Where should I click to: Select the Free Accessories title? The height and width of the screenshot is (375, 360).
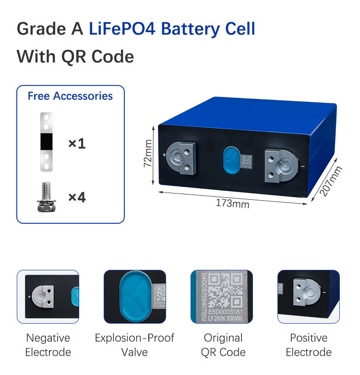click(70, 96)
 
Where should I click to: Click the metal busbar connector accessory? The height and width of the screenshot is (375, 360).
click(47, 142)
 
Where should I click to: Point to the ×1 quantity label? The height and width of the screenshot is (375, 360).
click(77, 143)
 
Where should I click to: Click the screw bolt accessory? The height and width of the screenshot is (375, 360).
click(46, 197)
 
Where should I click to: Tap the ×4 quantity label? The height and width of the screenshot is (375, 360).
click(77, 197)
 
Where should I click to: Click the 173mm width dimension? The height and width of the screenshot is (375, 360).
click(232, 203)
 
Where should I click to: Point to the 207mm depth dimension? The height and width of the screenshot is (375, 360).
click(331, 181)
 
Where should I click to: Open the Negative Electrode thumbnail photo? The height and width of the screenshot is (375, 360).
click(48, 296)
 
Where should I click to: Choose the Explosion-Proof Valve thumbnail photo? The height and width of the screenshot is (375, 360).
click(135, 296)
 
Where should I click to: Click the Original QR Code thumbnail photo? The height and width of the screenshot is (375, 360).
click(221, 296)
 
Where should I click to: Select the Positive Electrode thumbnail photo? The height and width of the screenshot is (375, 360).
click(308, 296)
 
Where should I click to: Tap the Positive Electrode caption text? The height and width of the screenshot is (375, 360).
click(309, 345)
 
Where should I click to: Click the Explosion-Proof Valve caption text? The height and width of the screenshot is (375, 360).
click(134, 345)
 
